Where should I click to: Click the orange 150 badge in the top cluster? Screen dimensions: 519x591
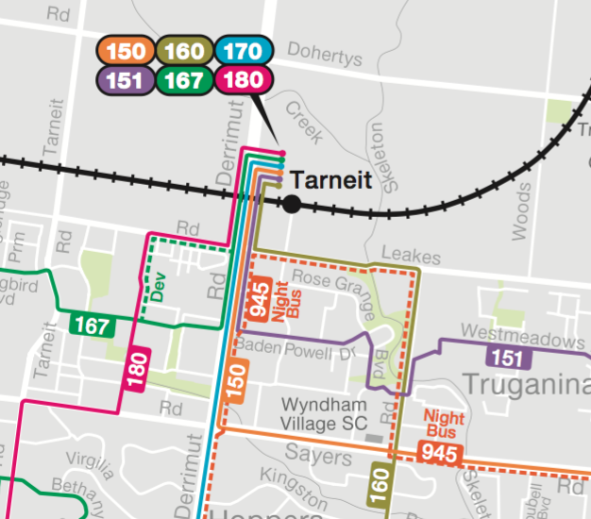(x=125, y=51)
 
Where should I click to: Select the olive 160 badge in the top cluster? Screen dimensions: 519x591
(x=184, y=51)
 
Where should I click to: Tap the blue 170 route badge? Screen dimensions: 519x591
(x=243, y=51)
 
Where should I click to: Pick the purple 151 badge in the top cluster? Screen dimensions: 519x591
(x=125, y=80)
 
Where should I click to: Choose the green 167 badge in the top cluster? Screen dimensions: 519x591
(x=184, y=80)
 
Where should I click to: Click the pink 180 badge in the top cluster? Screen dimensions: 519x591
(x=243, y=80)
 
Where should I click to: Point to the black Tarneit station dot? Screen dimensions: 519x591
(x=292, y=203)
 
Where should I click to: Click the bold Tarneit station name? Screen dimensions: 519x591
(x=331, y=179)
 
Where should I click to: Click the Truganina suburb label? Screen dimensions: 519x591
(x=525, y=385)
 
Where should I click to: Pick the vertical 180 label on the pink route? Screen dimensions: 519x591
(x=137, y=369)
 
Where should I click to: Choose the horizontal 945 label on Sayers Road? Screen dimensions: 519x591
(x=439, y=455)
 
